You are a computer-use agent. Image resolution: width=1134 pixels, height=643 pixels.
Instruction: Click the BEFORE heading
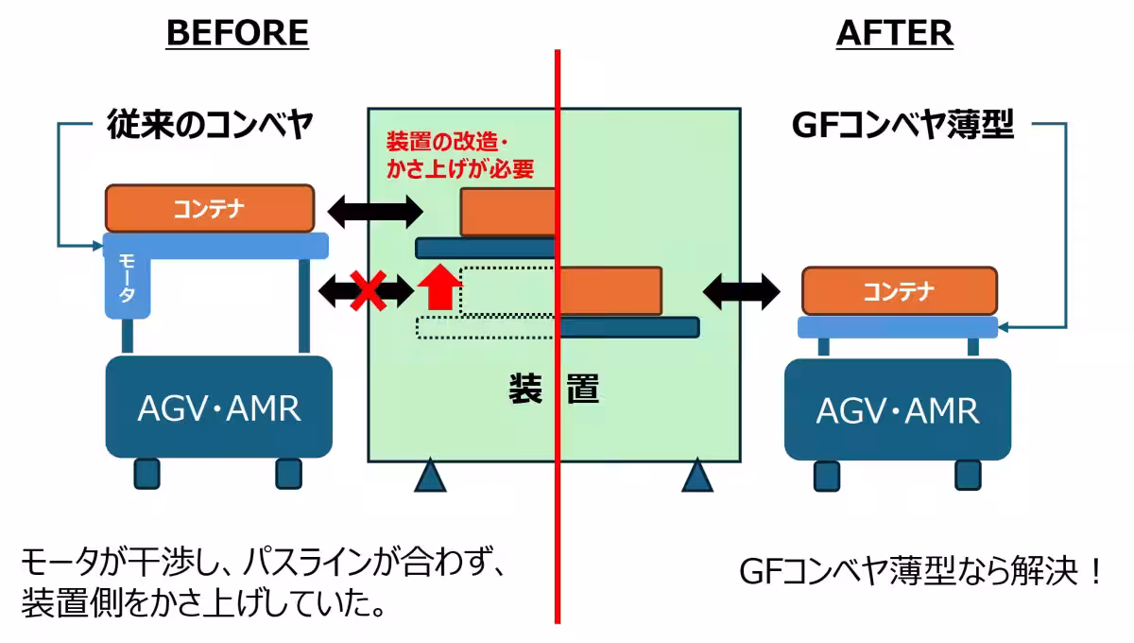click(x=237, y=33)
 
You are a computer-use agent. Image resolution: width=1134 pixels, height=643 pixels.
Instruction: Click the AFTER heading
click(x=894, y=33)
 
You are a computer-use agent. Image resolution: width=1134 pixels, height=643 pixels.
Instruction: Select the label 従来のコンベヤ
click(x=208, y=126)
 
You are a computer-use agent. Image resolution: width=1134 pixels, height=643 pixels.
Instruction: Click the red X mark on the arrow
click(x=368, y=290)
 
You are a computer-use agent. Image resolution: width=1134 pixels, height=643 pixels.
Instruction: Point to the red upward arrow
click(x=438, y=288)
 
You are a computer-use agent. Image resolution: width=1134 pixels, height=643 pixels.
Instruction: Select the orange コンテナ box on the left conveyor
click(x=209, y=209)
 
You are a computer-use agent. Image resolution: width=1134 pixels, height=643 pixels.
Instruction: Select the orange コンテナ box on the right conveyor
click(x=900, y=291)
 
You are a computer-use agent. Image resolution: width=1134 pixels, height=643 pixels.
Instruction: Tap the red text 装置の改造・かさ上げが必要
click(x=459, y=156)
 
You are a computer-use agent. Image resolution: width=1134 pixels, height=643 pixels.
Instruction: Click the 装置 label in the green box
click(x=554, y=389)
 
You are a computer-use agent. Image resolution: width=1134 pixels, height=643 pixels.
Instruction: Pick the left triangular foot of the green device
click(x=430, y=476)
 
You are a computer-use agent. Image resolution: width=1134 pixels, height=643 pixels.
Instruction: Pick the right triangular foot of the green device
click(x=697, y=476)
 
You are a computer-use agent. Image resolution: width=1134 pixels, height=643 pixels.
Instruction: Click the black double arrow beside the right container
click(x=742, y=290)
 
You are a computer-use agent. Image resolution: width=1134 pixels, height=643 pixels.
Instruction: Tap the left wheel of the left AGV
click(x=146, y=473)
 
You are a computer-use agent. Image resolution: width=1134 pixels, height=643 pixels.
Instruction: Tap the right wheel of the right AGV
click(x=967, y=474)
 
